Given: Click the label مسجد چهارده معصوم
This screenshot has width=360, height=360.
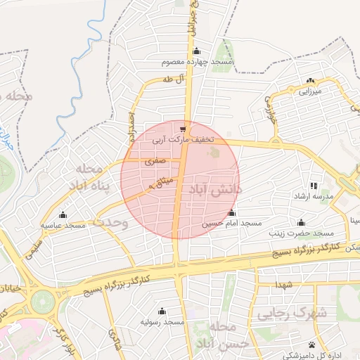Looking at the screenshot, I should [197, 63].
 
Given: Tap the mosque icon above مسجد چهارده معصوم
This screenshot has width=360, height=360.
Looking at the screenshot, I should [197, 51].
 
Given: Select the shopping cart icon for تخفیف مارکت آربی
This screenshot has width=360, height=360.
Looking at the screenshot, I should [184, 129].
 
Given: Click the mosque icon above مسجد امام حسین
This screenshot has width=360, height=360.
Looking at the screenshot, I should [232, 212].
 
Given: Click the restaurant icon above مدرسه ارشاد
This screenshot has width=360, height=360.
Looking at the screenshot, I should [314, 186].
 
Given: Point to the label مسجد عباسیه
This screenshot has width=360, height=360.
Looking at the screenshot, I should [63, 225].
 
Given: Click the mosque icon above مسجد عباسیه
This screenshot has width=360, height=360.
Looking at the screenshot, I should [63, 214].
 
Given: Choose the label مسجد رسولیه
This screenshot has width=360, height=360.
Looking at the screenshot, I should [162, 321].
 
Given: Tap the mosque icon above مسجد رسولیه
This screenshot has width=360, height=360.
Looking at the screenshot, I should [162, 311].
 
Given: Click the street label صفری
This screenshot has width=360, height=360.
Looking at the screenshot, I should [155, 161].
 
